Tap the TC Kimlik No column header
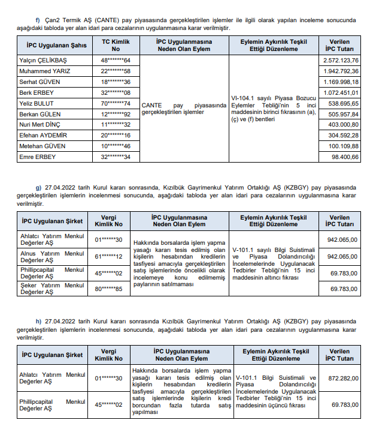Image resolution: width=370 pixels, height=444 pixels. pos(116,46)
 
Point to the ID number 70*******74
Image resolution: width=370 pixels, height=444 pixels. pos(116,103)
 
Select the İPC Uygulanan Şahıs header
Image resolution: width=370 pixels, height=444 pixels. pos(56,46)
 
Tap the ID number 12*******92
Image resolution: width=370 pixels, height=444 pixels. pos(116,114)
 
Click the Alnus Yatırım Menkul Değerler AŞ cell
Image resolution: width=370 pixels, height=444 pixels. pos(53,257)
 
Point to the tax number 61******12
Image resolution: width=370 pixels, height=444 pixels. pos(108,257)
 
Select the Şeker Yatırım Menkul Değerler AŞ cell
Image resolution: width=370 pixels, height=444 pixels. pos(53,289)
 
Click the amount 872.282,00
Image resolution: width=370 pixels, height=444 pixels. pos(343,379)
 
